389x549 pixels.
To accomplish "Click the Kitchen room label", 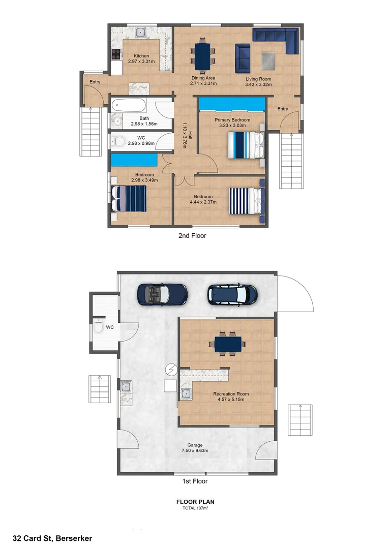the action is pyautogui.click(x=141, y=56).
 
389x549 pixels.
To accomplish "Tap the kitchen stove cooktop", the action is pyautogui.click(x=116, y=54).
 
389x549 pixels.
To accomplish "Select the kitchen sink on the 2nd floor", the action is pyautogui.click(x=141, y=33).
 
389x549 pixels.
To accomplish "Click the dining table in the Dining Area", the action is pyautogui.click(x=202, y=56).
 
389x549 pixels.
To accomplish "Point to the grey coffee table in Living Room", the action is pyautogui.click(x=268, y=60).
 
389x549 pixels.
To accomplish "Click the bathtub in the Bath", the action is pyautogui.click(x=128, y=105).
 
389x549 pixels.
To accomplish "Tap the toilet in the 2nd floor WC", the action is pyautogui.click(x=118, y=141).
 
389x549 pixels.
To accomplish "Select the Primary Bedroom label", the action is pyautogui.click(x=232, y=120).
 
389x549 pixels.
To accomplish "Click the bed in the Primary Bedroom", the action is pyautogui.click(x=246, y=145).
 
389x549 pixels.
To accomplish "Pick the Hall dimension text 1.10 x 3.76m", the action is pyautogui.click(x=185, y=135).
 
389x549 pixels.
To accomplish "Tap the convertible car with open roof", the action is pyautogui.click(x=162, y=294).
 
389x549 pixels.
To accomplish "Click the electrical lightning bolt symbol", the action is pyautogui.click(x=171, y=370).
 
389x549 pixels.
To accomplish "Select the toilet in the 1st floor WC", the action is pyautogui.click(x=99, y=325).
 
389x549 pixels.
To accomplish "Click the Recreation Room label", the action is pyautogui.click(x=231, y=393).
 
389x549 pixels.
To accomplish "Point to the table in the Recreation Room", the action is pyautogui.click(x=228, y=344).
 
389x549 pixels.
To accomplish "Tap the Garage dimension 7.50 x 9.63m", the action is pyautogui.click(x=195, y=450).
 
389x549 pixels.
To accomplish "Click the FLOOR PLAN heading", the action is pyautogui.click(x=195, y=502).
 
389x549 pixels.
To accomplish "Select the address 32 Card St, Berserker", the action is pyautogui.click(x=52, y=538).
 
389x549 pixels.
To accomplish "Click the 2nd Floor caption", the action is pyautogui.click(x=192, y=236).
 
